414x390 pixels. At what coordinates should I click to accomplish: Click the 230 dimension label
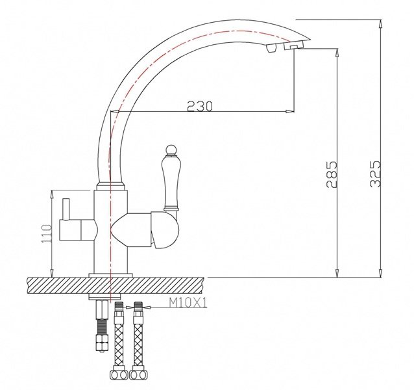pos(200,106)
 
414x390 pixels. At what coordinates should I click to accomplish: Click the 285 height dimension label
pos(332,174)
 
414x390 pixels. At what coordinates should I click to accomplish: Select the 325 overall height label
pos(375,174)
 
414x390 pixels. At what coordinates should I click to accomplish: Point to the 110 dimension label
pos(47,233)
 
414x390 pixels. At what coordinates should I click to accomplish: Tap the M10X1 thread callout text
pos(188,304)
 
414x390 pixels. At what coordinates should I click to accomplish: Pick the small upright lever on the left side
pos(66,209)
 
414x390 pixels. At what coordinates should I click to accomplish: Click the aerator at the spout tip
pos(293,47)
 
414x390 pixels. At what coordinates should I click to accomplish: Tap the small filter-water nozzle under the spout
pos(271,49)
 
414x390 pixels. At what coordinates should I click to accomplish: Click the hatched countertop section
pos(115,285)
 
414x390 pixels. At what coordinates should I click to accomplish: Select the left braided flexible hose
pos(119,341)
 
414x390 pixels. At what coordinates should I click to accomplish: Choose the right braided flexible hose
pos(138,341)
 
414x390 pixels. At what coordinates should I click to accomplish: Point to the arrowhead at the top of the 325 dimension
pos(380,24)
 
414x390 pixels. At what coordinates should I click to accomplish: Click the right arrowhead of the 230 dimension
pos(290,111)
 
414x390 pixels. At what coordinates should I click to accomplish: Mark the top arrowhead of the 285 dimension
pos(337,53)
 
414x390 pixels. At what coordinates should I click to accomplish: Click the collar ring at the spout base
pos(110,186)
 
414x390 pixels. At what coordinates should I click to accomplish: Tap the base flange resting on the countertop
pos(110,275)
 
